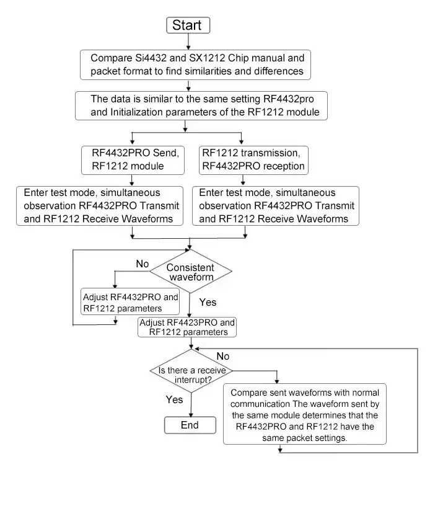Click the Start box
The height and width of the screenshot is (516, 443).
(x=188, y=25)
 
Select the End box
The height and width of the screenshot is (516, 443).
(x=190, y=425)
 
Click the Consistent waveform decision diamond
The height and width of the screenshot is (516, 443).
(x=191, y=272)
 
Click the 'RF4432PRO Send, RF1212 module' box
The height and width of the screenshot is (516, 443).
(x=133, y=159)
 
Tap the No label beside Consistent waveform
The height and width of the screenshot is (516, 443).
(x=143, y=264)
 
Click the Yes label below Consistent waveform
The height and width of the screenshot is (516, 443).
(x=208, y=302)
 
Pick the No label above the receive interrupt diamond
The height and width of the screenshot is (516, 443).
(x=222, y=356)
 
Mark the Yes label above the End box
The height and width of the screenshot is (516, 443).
(x=174, y=399)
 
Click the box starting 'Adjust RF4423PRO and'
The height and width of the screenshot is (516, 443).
(x=188, y=327)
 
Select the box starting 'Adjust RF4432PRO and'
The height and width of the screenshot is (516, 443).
(x=131, y=302)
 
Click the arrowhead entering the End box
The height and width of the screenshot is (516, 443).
(x=190, y=414)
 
